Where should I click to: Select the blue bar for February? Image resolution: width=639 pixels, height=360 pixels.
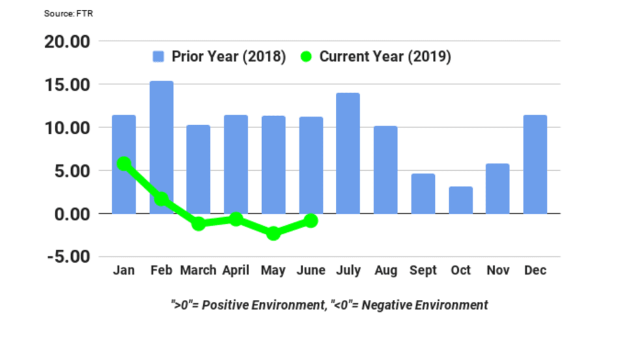[162, 147]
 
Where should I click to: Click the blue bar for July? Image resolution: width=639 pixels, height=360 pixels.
[348, 153]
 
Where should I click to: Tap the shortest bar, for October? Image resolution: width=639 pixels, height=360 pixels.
[460, 200]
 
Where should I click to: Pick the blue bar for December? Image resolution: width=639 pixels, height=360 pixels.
[535, 164]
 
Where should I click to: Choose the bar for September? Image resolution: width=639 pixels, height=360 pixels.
[423, 194]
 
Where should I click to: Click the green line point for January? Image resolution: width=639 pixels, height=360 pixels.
[124, 164]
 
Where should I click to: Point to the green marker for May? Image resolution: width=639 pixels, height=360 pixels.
[273, 233]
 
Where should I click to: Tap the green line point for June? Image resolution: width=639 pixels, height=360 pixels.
[311, 221]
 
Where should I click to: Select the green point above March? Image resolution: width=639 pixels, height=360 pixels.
[199, 224]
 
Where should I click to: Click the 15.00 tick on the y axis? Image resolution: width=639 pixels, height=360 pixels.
[67, 85]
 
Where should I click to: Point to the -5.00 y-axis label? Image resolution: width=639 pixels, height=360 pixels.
[67, 256]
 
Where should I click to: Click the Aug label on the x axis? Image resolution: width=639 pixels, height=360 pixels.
[385, 271]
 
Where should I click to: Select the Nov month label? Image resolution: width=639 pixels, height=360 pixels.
[498, 271]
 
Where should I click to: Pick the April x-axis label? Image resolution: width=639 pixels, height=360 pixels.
[236, 271]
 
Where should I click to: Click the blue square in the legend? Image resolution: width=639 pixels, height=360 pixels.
[158, 57]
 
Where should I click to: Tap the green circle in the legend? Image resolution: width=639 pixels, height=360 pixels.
[305, 57]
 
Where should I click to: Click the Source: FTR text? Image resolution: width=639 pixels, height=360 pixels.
[68, 13]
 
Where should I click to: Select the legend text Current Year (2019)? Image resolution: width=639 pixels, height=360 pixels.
[385, 57]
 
